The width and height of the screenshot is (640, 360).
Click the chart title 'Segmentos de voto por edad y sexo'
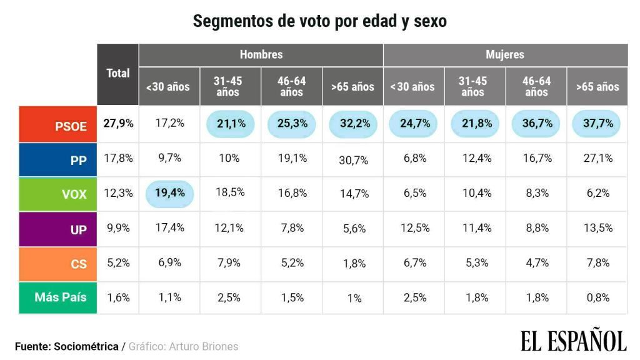point(319,21)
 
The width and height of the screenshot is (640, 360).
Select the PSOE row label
point(58,124)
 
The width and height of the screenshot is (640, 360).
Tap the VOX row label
point(58,194)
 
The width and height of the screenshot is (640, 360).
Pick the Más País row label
point(58,297)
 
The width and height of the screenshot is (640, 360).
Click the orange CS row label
point(58,264)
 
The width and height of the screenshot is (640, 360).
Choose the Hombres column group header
point(261,54)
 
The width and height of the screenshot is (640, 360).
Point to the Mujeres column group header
point(505,54)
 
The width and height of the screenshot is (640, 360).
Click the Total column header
point(117,73)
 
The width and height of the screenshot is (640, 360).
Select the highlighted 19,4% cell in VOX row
point(169,192)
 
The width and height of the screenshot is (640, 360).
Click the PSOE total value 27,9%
point(118,123)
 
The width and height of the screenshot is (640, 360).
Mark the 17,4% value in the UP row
point(169,228)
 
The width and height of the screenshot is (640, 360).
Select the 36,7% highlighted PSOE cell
point(537,123)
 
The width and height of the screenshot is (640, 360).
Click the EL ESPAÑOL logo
point(573,341)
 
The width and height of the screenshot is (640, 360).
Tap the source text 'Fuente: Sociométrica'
point(66,346)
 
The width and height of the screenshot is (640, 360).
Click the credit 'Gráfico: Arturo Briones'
point(183,346)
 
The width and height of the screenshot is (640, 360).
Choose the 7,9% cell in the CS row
point(229,263)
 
